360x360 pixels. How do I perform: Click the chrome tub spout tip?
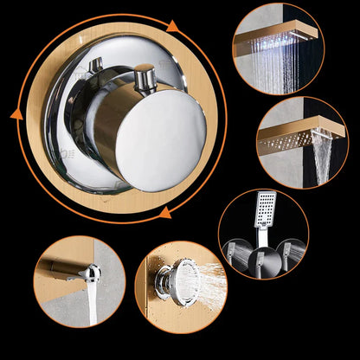pos(90,273)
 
